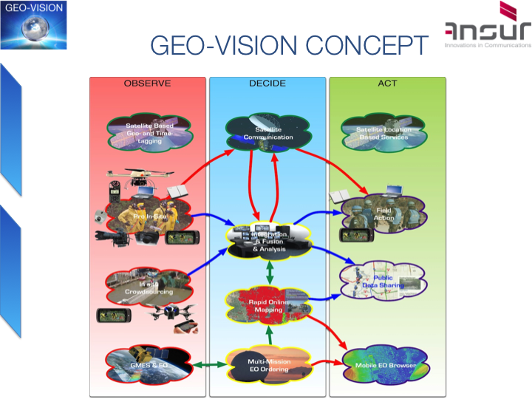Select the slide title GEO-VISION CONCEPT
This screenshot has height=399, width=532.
[289, 45]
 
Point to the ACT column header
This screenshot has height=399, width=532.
[387, 83]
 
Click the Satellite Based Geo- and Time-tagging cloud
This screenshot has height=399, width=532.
[149, 134]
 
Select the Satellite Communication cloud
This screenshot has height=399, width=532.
[268, 133]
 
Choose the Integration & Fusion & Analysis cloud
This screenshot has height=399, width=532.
[268, 241]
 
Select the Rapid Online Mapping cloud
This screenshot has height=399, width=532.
[267, 305]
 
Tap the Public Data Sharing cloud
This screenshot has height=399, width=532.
[382, 281]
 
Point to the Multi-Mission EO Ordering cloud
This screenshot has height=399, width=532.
[268, 365]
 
